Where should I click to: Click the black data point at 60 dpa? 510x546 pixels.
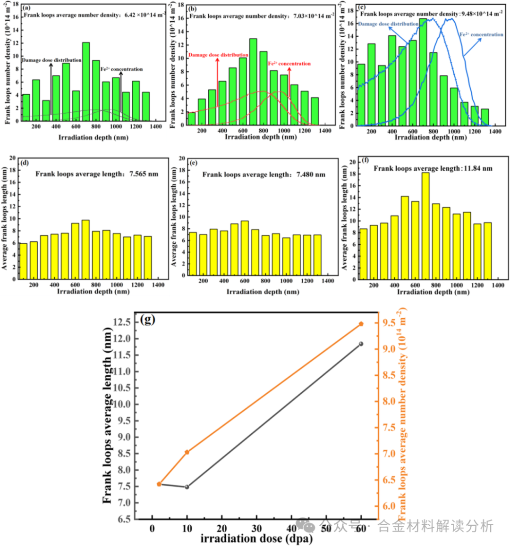tap(361, 344)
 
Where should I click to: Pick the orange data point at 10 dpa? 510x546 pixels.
tap(187, 452)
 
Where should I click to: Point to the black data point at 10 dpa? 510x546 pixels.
tap(187, 487)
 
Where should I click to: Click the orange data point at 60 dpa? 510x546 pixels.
tap(361, 324)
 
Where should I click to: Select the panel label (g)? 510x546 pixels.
tap(148, 320)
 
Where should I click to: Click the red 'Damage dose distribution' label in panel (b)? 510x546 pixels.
tap(218, 55)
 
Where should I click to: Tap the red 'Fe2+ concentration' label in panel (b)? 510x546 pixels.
tap(289, 64)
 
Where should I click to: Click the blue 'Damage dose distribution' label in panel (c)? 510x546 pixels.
tap(388, 24)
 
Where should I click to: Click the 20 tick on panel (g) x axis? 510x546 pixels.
tap(222, 529)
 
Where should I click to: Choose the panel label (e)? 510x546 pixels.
tap(193, 163)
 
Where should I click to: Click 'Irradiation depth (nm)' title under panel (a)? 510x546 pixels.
tap(93, 137)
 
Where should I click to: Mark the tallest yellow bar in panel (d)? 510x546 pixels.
tap(85, 249)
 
